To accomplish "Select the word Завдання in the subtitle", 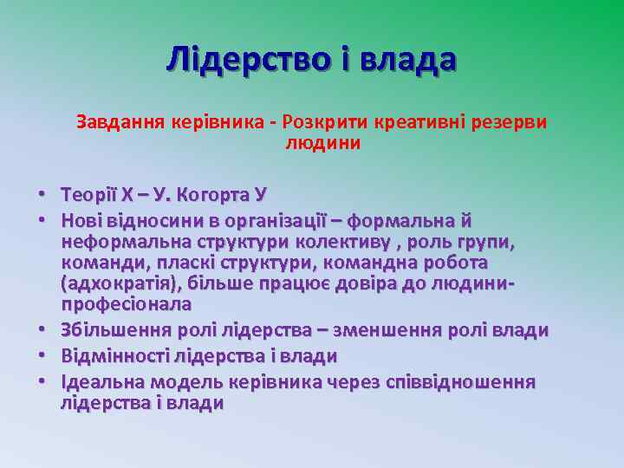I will point(112,121).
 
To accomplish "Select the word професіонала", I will point(127,304).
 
